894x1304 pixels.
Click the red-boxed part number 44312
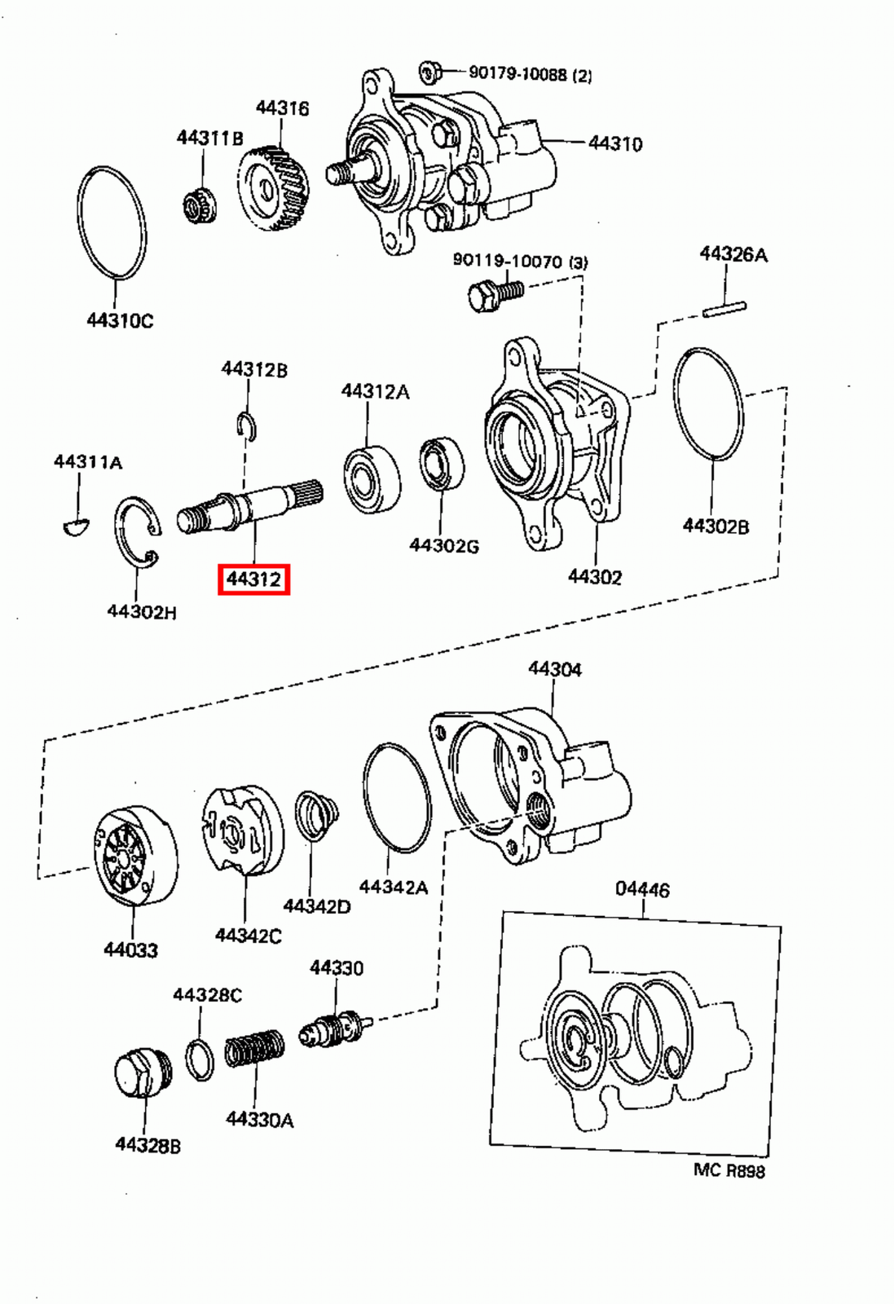[253, 579]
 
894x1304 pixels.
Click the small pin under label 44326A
[724, 309]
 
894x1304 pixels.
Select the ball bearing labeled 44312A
[372, 478]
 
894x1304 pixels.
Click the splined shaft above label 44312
[249, 506]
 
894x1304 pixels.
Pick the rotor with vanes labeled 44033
[134, 856]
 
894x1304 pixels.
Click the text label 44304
[555, 669]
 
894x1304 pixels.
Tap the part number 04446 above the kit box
[642, 889]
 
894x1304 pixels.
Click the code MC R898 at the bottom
[729, 1171]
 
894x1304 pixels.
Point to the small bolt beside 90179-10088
[430, 73]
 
